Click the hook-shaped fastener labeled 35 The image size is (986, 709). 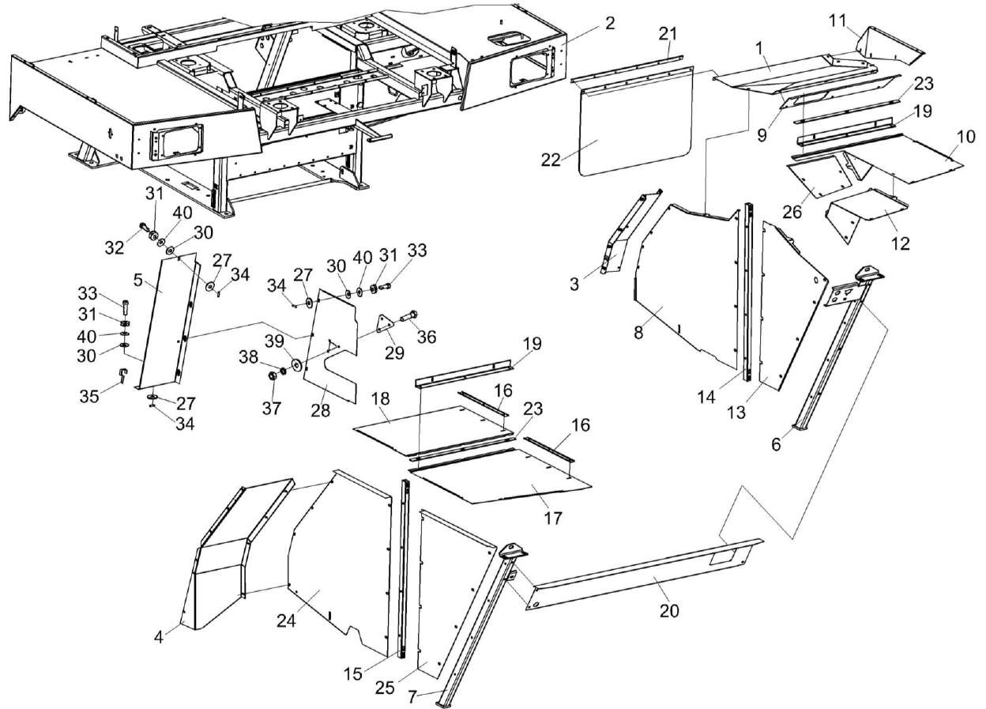[122, 373]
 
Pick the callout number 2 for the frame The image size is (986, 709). [610, 23]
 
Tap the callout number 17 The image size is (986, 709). [553, 519]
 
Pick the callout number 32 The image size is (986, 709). [115, 247]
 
